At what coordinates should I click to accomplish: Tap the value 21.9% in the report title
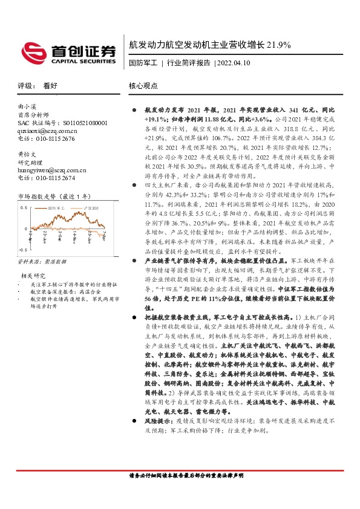point(280,45)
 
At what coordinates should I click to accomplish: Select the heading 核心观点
point(142,86)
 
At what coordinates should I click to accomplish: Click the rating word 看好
point(50,86)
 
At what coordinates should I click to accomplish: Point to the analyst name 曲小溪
point(27,106)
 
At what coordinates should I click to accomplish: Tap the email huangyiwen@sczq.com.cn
point(52,170)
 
